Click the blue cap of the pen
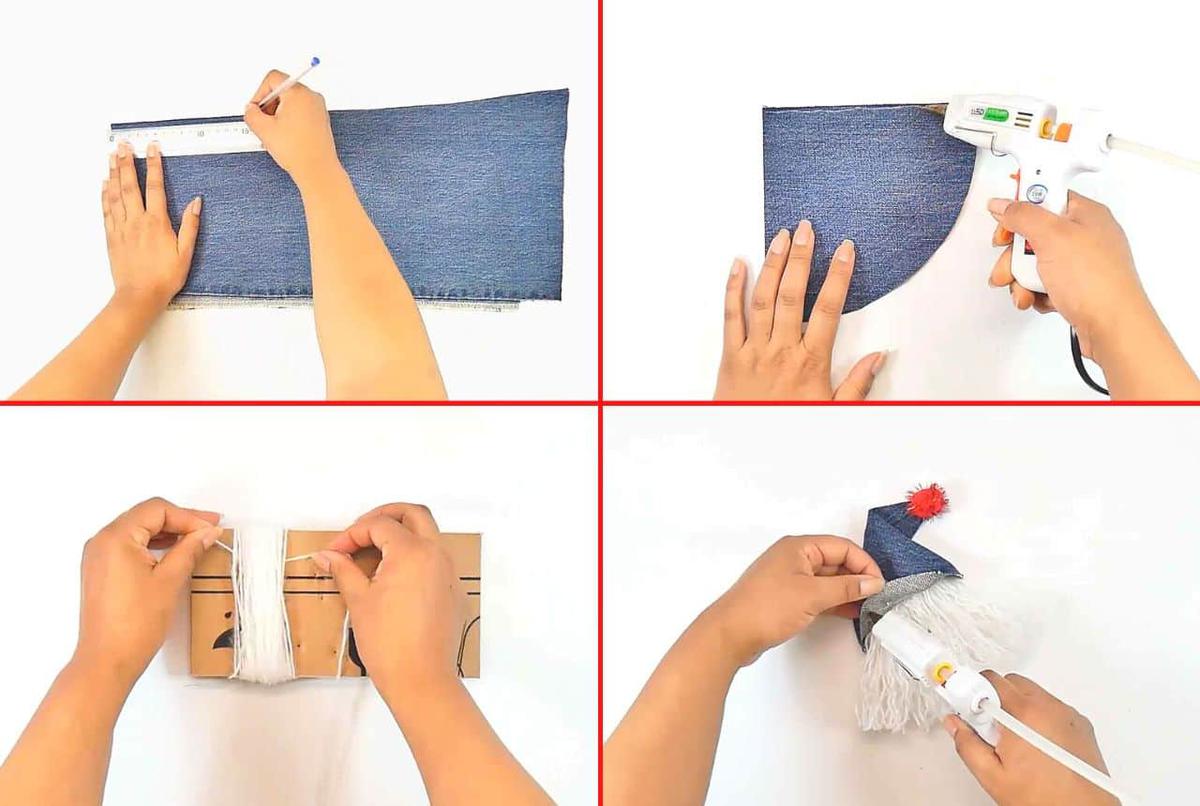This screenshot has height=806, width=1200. [x=315, y=63]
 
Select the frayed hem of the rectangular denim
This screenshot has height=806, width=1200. [x=340, y=300]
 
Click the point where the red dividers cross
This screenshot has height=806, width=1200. [x=600, y=403]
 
